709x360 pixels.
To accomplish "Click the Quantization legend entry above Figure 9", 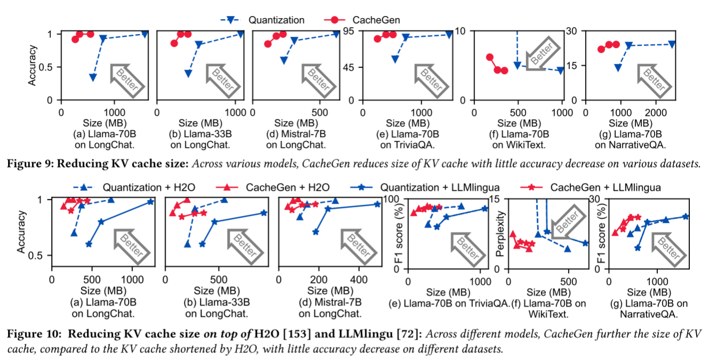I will click(276, 20).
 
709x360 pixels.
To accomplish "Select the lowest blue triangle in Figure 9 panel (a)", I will click(93, 77).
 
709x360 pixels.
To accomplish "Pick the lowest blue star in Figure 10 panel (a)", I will click(88, 244).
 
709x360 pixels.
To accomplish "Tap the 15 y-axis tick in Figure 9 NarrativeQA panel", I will click(575, 66).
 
